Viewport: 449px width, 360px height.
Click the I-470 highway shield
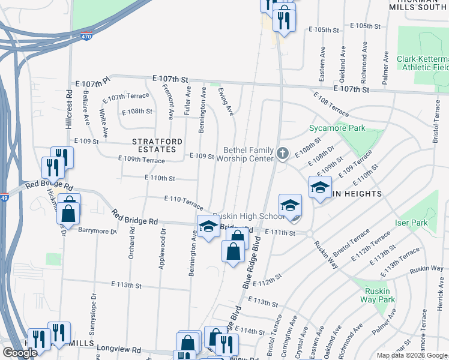(86, 36)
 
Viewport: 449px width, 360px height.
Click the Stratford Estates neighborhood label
(156, 142)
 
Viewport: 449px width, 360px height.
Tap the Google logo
(20, 353)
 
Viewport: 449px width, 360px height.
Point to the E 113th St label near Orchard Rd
(126, 285)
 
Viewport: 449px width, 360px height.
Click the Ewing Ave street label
(226, 102)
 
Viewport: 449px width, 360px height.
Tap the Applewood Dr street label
(162, 248)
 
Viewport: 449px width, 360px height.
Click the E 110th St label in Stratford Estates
(160, 178)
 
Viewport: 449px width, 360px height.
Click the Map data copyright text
(412, 355)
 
